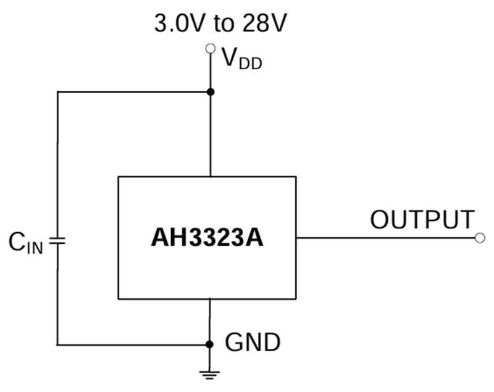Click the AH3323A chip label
click(207, 238)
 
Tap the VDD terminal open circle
click(211, 48)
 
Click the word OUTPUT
click(422, 220)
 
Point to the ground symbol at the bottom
click(211, 373)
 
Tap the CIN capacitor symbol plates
click(57, 240)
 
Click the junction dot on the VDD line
click(211, 92)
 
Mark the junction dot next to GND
click(211, 344)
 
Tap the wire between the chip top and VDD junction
click(211, 136)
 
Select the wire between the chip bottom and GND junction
click(211, 321)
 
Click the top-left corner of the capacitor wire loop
click(57, 92)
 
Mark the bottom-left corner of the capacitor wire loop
click(57, 344)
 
